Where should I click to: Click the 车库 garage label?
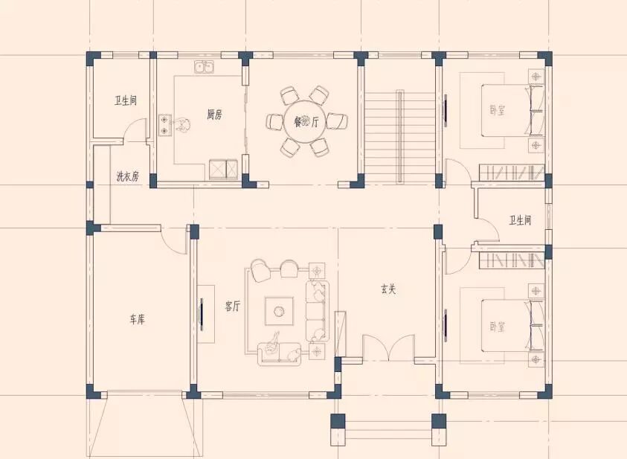(x=137, y=319)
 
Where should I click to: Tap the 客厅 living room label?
(x=233, y=306)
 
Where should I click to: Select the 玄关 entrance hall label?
(x=388, y=289)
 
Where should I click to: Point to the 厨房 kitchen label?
(x=214, y=115)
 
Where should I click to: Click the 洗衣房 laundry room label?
(x=128, y=176)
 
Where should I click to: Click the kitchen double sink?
(x=204, y=67)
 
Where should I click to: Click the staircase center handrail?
(x=399, y=137)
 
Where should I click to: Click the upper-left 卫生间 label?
(x=126, y=100)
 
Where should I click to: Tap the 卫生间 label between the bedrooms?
(x=520, y=220)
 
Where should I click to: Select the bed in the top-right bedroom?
(x=512, y=110)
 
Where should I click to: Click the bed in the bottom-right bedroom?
(x=512, y=325)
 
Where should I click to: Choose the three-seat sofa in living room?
(x=318, y=311)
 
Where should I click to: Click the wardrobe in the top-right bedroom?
(x=512, y=173)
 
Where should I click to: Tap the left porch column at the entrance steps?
(x=338, y=421)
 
